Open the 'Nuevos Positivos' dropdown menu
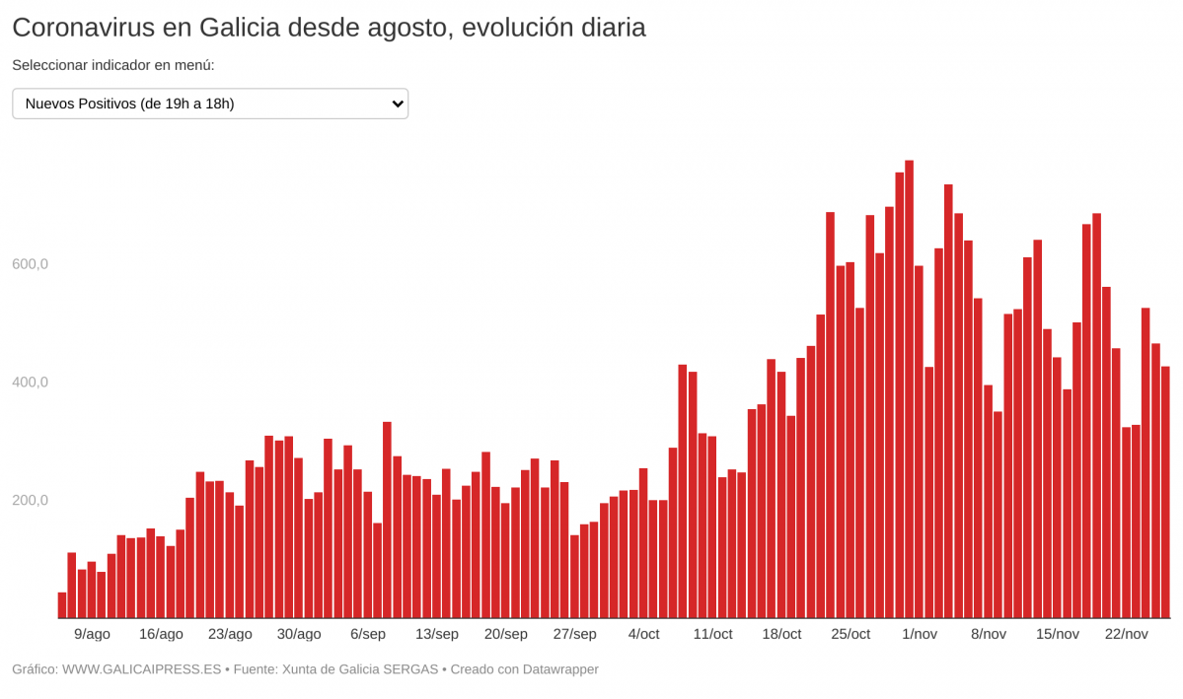[x=209, y=104]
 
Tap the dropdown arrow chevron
[x=397, y=104]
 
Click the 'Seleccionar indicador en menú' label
[x=113, y=65]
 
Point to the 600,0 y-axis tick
[x=30, y=264]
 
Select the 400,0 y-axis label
[x=30, y=383]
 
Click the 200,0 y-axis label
[x=30, y=500]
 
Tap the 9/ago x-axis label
[x=92, y=634]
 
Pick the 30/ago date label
[x=298, y=634]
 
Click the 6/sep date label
[x=367, y=634]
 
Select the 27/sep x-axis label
[x=574, y=634]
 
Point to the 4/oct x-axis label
[x=643, y=634]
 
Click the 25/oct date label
[x=850, y=634]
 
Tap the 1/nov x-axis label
[x=920, y=634]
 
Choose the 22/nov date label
[x=1126, y=634]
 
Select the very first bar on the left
[x=62, y=605]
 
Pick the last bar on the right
[x=1165, y=493]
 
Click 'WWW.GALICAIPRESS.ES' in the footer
[x=141, y=669]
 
